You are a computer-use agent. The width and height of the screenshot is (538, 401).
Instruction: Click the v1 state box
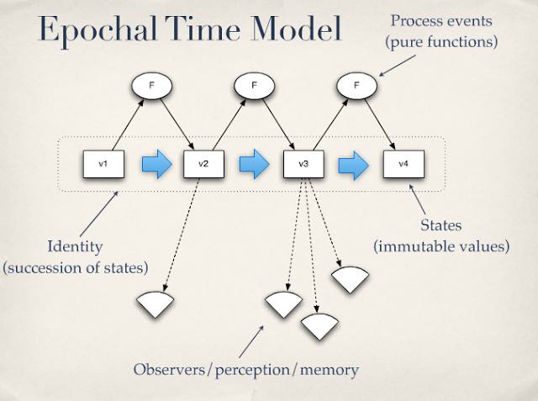coord(103,164)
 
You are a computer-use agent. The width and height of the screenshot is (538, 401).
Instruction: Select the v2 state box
coord(203,164)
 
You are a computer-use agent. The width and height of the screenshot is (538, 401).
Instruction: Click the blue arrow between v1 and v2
coord(154,164)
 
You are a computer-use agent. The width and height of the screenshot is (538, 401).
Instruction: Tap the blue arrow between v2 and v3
coord(253,164)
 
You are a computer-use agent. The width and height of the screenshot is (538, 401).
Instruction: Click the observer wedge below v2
coord(154,303)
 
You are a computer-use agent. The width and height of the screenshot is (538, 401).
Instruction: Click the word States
coord(441,226)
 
